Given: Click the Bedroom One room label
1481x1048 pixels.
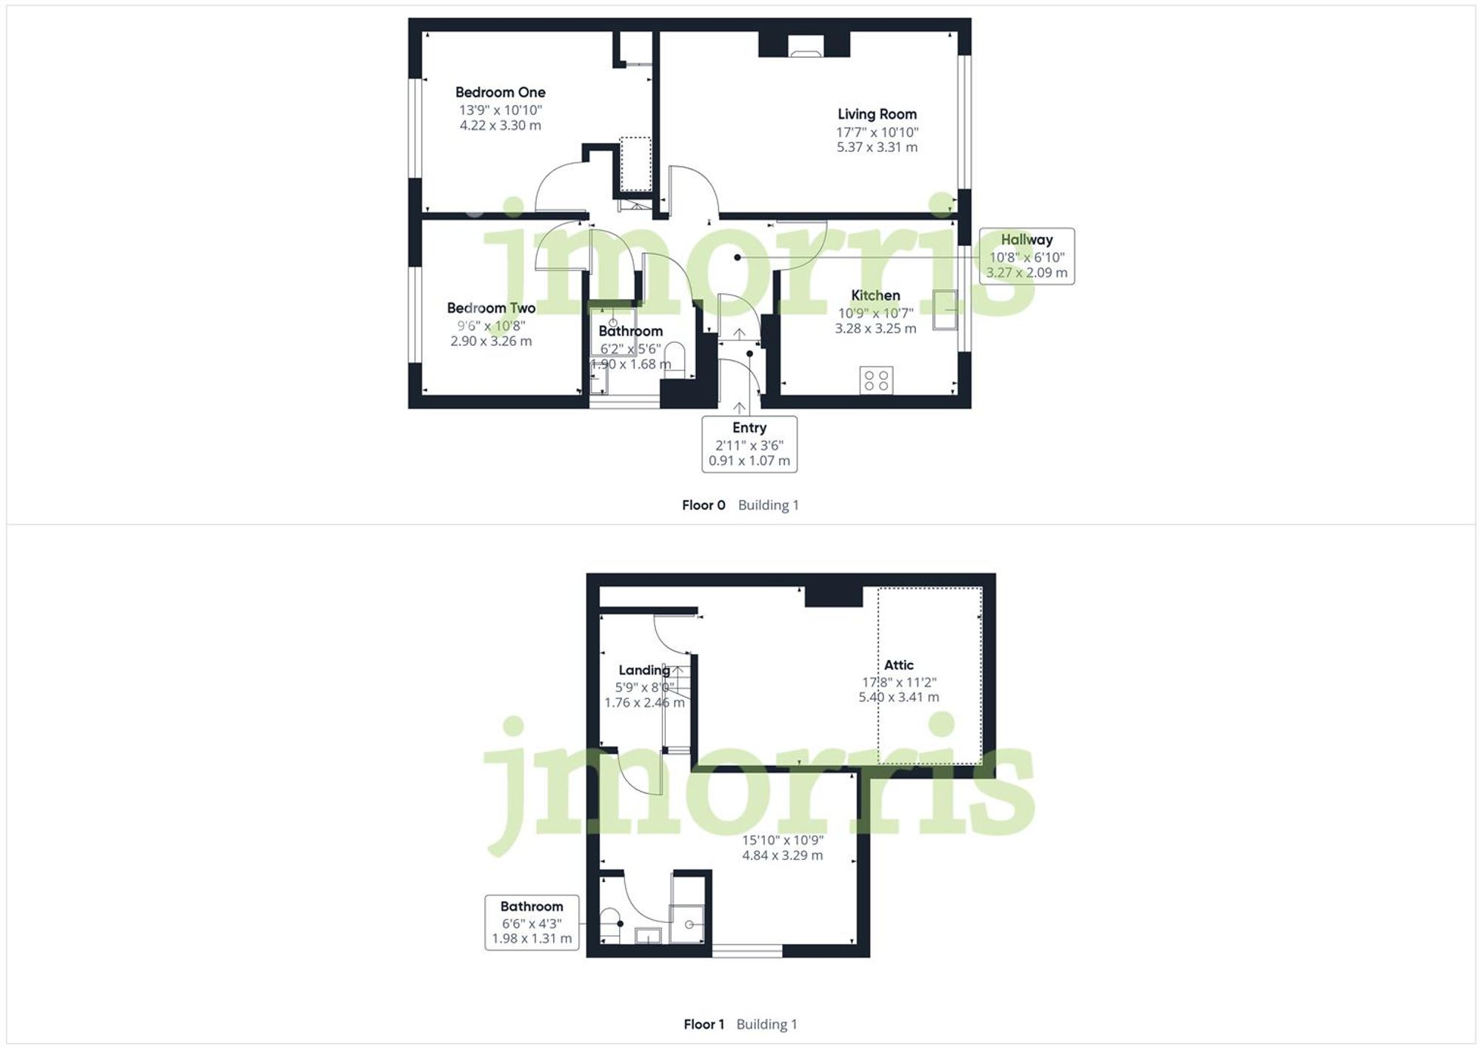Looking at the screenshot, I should point(500,93).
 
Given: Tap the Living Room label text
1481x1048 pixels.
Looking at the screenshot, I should point(877,114).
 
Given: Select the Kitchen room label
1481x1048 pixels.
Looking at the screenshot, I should point(875,296).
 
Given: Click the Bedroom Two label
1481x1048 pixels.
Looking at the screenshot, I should point(491,308).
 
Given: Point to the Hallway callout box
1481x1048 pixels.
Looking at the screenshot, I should point(1026,256).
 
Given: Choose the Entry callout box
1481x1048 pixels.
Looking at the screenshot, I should point(749,444).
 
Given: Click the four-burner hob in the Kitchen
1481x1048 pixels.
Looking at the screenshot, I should point(876,381).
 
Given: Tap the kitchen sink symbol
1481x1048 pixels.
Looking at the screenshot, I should point(944,310).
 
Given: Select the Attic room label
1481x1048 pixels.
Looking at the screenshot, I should point(898,665).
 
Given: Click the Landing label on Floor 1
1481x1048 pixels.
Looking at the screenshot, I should point(643,670).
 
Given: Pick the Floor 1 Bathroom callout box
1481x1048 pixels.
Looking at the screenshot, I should point(532,922).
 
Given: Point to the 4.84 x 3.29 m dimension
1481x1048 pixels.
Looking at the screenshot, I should point(782,855).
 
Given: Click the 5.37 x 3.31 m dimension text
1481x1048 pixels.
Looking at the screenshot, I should point(877,147).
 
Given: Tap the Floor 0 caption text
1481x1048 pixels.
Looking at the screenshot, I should point(703,505).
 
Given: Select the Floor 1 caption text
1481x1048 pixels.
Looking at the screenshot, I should point(703,1024).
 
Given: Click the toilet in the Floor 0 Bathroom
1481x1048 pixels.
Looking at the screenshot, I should point(675,360).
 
